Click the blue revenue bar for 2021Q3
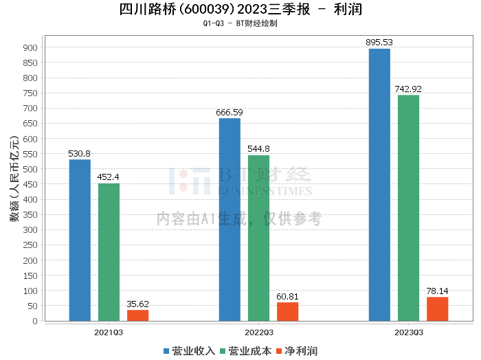point(80,240)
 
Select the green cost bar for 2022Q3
point(258,238)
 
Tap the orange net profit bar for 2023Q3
point(438,309)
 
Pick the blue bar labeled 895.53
point(379,185)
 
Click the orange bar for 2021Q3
point(137,315)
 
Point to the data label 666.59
point(230,113)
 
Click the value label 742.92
point(408,89)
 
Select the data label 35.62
point(137,304)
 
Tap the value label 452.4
point(109,177)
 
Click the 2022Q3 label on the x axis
point(259,333)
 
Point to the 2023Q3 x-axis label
point(409,333)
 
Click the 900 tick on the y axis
point(30,47)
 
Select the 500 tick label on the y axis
point(30,169)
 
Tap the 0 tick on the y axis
point(35,321)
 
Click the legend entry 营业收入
point(189,351)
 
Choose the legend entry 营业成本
point(246,351)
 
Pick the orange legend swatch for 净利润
point(279,351)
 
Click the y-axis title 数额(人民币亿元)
point(14,179)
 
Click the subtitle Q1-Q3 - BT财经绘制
point(240,23)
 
